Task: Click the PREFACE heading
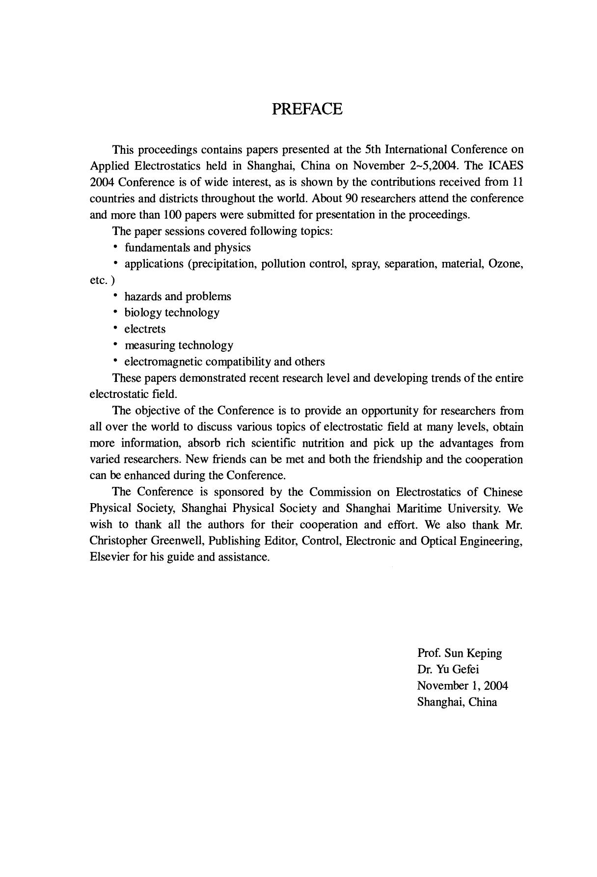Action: coord(307,109)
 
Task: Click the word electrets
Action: coord(145,329)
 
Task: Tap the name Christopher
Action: coord(118,541)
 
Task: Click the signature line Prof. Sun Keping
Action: coord(460,653)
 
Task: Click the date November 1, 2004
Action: coord(462,685)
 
